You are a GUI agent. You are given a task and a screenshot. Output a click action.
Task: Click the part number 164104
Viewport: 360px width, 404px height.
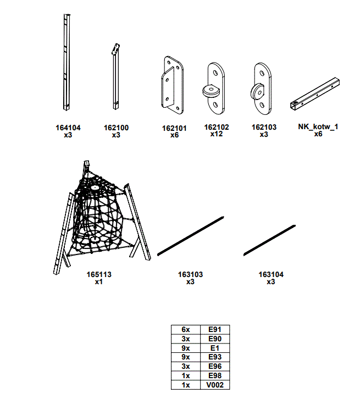click(x=68, y=128)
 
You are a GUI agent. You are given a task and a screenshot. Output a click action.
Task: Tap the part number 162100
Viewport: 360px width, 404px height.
click(x=116, y=128)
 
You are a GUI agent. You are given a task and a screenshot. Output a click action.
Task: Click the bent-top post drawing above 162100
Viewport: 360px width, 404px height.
click(x=115, y=77)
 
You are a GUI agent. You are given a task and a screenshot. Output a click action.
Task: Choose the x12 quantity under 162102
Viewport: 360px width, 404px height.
click(x=216, y=134)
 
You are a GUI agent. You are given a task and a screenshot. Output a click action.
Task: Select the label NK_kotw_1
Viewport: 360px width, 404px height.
click(x=318, y=127)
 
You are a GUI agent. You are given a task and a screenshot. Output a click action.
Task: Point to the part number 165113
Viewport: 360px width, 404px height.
click(x=99, y=274)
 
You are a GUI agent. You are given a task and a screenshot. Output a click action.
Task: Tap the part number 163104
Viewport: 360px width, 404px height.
click(x=271, y=274)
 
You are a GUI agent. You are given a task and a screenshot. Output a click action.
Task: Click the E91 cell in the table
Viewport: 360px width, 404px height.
click(x=214, y=329)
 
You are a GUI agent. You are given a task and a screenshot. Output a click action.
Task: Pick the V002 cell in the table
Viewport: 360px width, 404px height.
click(x=214, y=385)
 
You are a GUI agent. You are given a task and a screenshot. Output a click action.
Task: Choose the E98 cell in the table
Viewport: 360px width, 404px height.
click(x=214, y=375)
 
